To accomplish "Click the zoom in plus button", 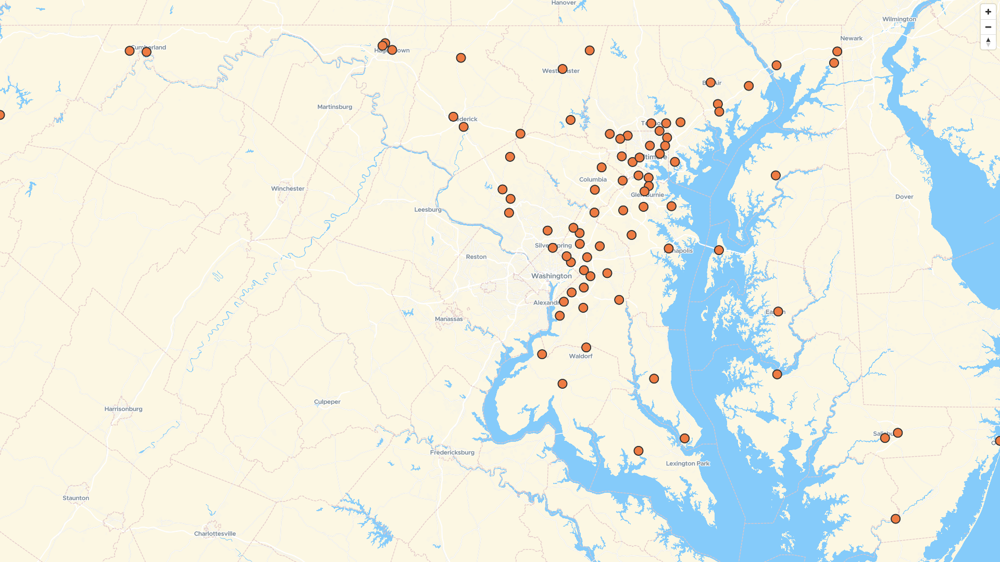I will click(x=988, y=12).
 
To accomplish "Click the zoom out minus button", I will click(x=988, y=27).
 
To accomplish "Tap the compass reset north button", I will click(x=988, y=42).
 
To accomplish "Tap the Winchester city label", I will click(x=287, y=189).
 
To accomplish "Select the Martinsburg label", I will click(x=334, y=107).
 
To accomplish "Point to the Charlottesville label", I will click(x=215, y=534).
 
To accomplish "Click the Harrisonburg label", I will click(x=123, y=409).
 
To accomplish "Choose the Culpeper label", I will click(x=327, y=402).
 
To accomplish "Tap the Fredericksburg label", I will click(x=452, y=453).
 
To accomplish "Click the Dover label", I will click(x=904, y=197).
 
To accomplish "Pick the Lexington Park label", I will click(x=687, y=464).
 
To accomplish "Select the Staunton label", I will click(x=76, y=498).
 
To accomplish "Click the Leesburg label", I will click(x=428, y=210).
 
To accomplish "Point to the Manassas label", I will click(x=448, y=319).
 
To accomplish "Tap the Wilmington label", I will click(x=899, y=19).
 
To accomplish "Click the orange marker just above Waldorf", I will click(x=586, y=347).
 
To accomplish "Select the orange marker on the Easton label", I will click(x=778, y=312).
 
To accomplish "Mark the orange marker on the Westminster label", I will click(x=562, y=69).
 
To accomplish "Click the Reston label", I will click(x=476, y=257).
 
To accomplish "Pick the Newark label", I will click(x=851, y=39).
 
